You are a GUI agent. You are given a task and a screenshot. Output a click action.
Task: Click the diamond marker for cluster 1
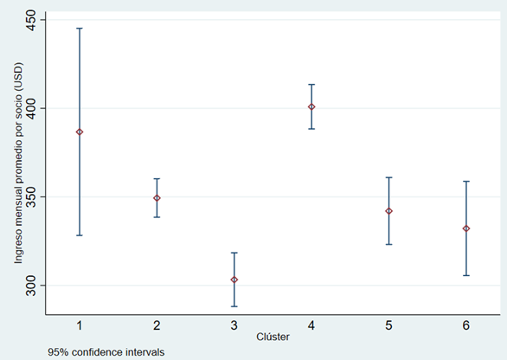[80, 132]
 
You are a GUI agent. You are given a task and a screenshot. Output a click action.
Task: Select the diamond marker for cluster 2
[157, 198]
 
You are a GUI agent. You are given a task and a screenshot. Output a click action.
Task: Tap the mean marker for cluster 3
[234, 280]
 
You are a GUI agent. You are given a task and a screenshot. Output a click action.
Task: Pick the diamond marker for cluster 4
[311, 107]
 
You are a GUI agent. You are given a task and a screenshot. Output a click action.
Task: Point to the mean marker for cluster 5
[388, 211]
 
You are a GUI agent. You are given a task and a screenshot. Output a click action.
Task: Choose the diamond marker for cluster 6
[466, 228]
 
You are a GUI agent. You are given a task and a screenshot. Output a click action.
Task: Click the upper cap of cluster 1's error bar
[80, 29]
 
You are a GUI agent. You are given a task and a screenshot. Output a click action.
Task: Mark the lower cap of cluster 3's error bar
[234, 306]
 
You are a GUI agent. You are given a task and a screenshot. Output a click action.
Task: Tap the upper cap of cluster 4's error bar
[311, 85]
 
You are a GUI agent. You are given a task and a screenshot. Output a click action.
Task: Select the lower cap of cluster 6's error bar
[466, 275]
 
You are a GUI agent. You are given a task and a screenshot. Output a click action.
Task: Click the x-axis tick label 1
[80, 324]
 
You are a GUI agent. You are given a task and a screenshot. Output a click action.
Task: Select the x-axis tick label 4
[311, 324]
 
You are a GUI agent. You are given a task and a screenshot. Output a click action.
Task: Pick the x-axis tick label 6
[466, 324]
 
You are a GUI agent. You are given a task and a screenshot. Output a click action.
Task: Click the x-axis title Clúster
[273, 336]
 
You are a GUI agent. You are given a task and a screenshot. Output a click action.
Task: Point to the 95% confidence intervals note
[106, 351]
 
